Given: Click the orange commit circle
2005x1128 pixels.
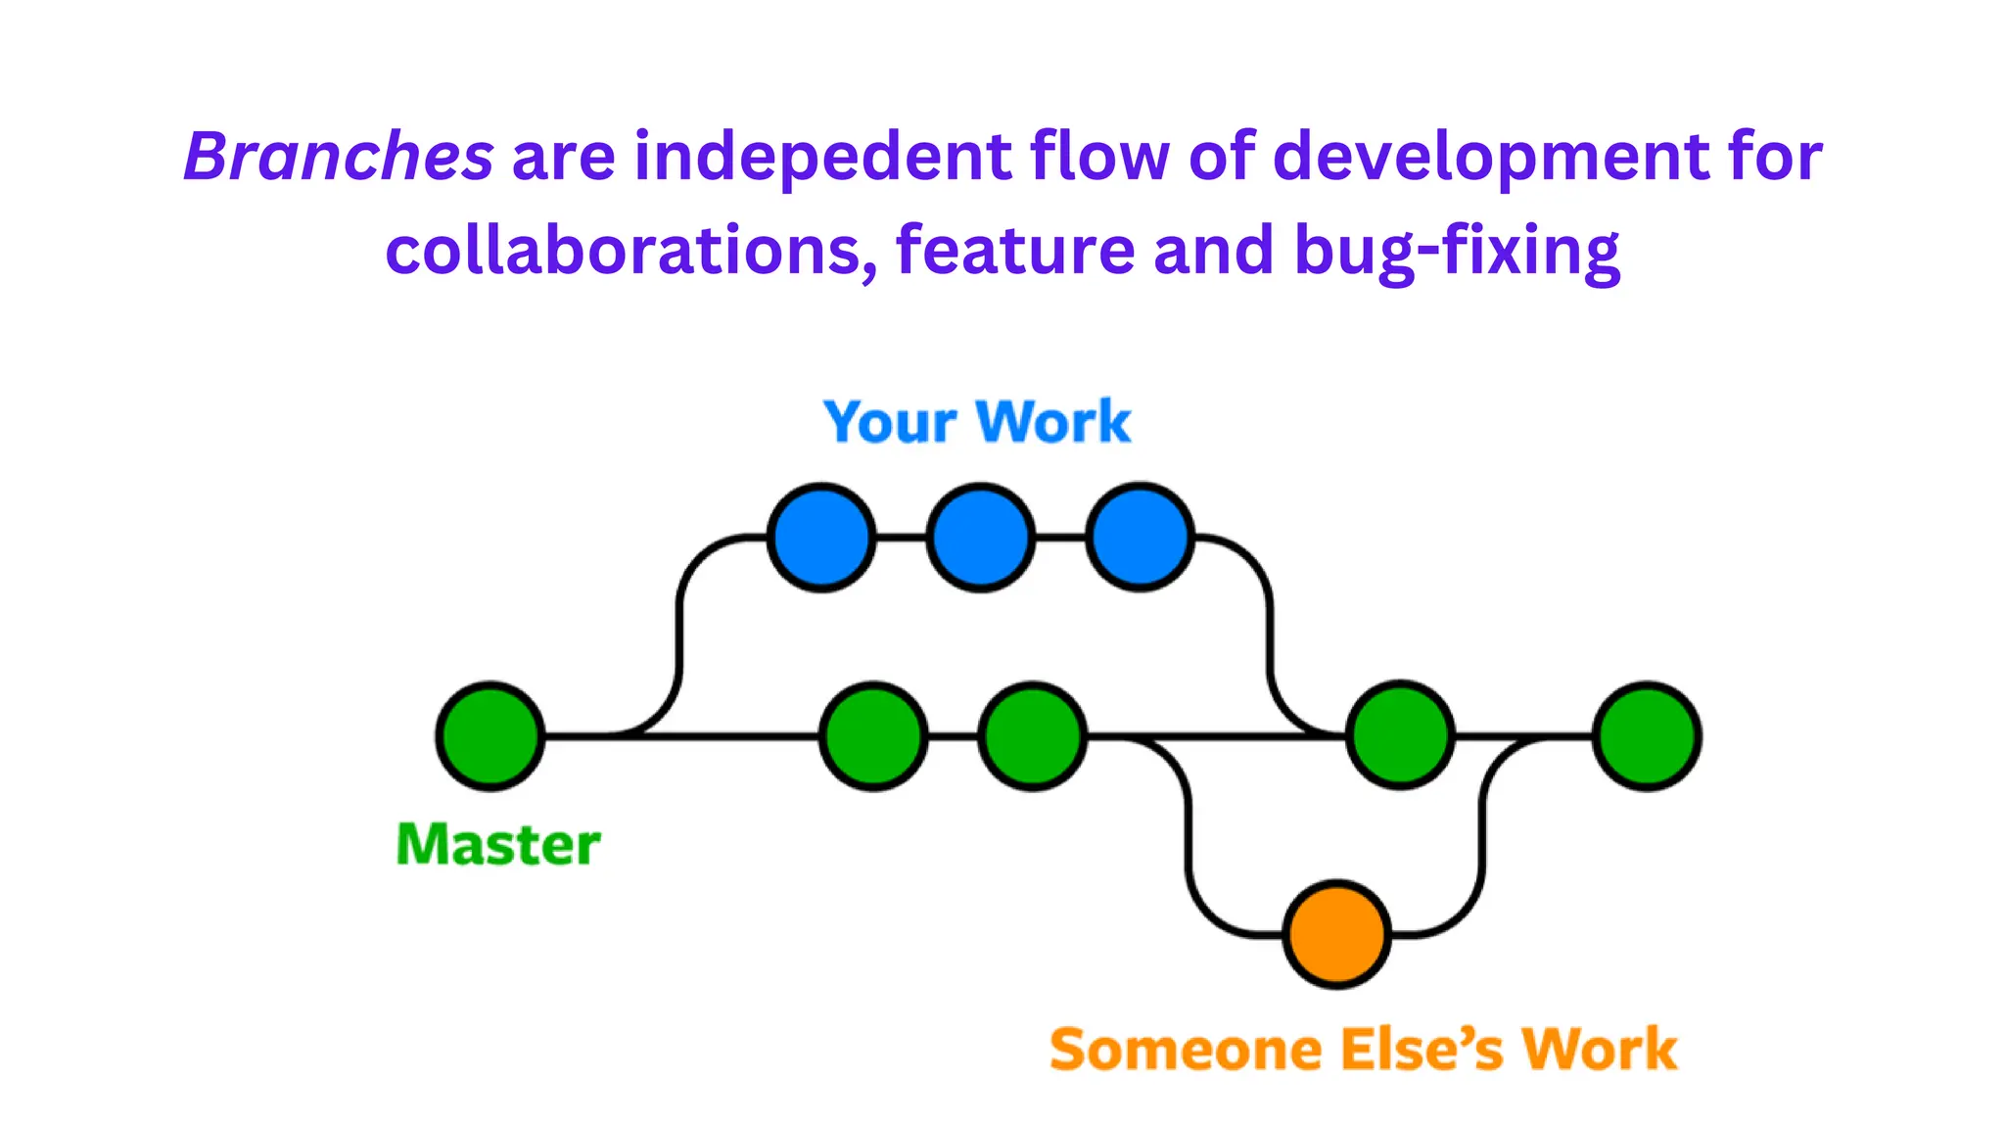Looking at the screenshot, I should [1336, 934].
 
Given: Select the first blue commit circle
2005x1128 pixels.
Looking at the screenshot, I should [821, 538].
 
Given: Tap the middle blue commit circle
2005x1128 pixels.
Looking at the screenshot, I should [980, 538].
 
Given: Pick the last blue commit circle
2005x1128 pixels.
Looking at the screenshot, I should [1140, 538].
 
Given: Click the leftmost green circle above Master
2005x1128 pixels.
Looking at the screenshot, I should [490, 735].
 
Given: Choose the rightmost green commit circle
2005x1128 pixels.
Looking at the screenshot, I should [1648, 735].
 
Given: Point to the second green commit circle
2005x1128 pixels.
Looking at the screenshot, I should [873, 735].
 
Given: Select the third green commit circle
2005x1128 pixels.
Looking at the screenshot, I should [1033, 735].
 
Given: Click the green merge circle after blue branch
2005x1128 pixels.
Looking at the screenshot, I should [1400, 735].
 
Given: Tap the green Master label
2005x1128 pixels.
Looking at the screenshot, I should [498, 844].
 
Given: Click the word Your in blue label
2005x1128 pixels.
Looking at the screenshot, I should [890, 423].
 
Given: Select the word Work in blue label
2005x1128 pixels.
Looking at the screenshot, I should [1054, 423].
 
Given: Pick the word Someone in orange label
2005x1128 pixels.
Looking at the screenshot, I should [1186, 1050].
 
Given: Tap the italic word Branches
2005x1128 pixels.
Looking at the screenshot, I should [339, 157].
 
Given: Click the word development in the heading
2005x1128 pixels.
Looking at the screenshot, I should [1491, 157].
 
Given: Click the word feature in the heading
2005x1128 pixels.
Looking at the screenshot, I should [1015, 251].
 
